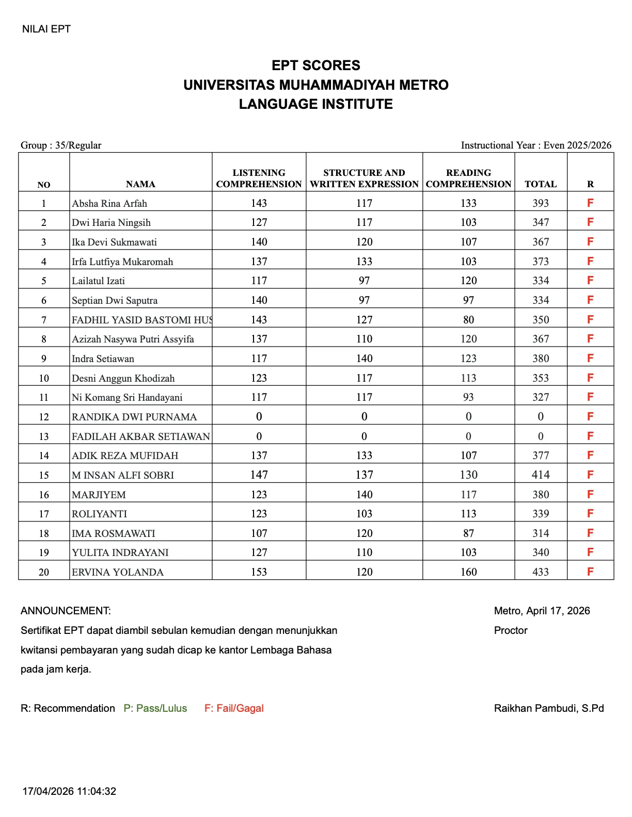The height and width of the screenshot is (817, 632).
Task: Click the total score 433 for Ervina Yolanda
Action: pos(541,571)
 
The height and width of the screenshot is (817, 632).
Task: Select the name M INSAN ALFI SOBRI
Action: pos(123,475)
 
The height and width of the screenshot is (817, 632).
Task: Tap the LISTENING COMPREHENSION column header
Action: pos(259,178)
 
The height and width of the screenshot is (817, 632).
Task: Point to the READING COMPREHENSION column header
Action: pos(468,178)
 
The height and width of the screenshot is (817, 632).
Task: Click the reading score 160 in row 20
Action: pos(468,571)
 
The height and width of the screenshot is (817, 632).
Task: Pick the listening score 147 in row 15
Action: pos(259,475)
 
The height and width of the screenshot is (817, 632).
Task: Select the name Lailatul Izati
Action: pos(98,281)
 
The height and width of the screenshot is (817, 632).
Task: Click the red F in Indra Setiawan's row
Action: pos(590,358)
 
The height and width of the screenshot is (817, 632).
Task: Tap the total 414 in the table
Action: pos(541,475)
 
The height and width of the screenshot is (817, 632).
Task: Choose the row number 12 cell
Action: pos(44,417)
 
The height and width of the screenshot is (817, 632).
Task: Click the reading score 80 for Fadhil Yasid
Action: pos(468,320)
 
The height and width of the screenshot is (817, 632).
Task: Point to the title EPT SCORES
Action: pos(316,66)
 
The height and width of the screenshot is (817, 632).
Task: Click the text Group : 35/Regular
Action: pos(61,145)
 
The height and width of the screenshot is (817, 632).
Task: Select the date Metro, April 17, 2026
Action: pos(542,611)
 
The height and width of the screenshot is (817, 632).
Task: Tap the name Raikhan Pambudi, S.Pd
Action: pos(549,708)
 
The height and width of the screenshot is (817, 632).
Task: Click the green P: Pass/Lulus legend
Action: pos(155,708)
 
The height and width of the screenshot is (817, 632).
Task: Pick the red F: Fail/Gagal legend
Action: pos(234,708)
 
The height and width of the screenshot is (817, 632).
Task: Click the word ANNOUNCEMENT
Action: pos(66,611)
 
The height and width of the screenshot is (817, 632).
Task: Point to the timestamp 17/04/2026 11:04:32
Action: pos(69,791)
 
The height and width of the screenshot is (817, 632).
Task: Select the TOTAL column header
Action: pos(541,184)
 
